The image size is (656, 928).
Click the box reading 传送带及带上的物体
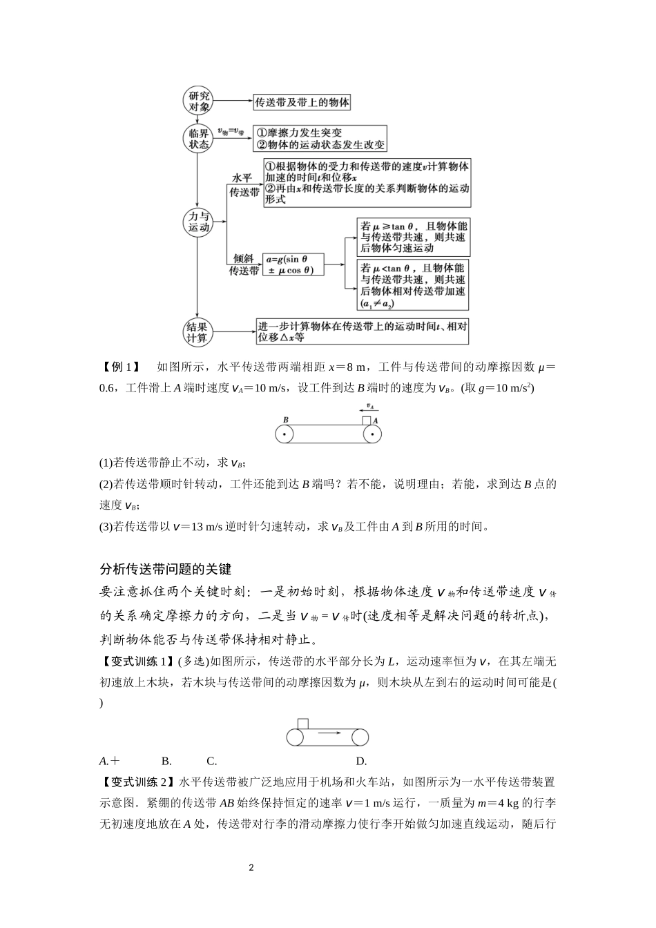pyautogui.click(x=302, y=102)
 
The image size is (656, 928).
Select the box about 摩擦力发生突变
pyautogui.click(x=320, y=138)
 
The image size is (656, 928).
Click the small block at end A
pyautogui.click(x=366, y=420)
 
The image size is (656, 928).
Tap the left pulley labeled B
pyautogui.click(x=284, y=434)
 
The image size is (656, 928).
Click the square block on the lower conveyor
pyautogui.click(x=302, y=724)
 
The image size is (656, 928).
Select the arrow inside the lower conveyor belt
pyautogui.click(x=332, y=736)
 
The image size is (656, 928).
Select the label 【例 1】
pyautogui.click(x=121, y=367)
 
